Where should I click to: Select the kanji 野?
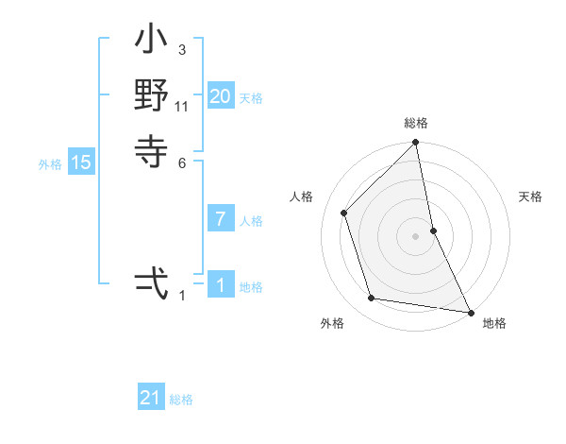tap(152, 96)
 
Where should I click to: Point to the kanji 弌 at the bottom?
tap(152, 282)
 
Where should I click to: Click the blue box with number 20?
tap(221, 95)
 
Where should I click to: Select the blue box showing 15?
tap(81, 162)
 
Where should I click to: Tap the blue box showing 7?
tap(221, 219)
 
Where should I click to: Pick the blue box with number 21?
tap(151, 398)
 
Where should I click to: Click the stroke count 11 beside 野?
tap(182, 106)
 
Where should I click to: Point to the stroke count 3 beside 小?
tap(182, 49)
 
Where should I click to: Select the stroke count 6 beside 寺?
tap(182, 162)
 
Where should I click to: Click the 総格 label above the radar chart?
tap(416, 123)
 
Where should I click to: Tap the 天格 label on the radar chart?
tap(530, 196)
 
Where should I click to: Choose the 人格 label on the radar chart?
tap(302, 196)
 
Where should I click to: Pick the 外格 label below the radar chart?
tap(332, 323)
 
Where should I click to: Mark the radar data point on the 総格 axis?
tap(416, 144)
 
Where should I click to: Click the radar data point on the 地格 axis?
tap(469, 311)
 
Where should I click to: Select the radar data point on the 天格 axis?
tap(433, 230)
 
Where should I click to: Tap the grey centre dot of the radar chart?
tap(416, 235)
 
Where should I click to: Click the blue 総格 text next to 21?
tap(181, 400)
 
